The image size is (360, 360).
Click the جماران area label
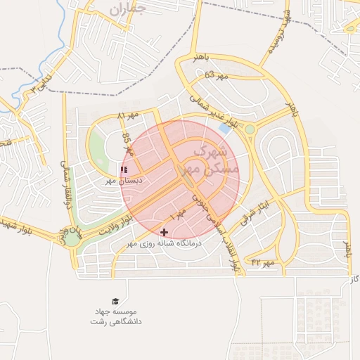pos(127,10)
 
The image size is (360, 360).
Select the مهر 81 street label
pos(129,114)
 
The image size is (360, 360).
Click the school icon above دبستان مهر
pos(124,170)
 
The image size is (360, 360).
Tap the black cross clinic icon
pos(165,232)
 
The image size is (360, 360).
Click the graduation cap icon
pos(115,300)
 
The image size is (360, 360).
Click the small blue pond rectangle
pos(225,129)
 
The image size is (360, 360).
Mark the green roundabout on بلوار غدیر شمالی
pos(250,129)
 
